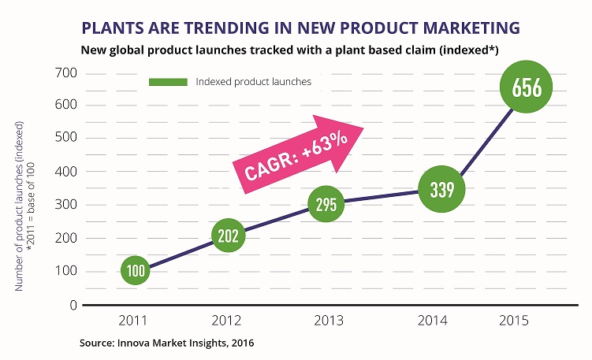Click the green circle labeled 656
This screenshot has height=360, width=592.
[526, 87]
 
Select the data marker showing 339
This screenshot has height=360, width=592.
[441, 189]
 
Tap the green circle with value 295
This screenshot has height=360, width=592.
[326, 204]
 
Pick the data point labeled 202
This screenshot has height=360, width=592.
[228, 236]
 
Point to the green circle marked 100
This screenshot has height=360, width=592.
[135, 270]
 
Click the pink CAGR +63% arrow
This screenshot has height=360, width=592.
[298, 154]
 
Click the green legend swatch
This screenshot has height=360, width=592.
[168, 82]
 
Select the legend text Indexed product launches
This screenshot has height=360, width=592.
[253, 82]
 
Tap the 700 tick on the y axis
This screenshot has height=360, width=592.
[65, 72]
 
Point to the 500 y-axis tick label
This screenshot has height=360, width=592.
[65, 137]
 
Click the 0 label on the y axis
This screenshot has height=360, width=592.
[73, 305]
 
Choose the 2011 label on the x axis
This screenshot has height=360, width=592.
[132, 321]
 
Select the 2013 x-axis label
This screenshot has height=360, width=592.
[329, 321]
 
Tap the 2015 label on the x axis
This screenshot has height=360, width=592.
[514, 321]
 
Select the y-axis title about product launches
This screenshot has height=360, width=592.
[24, 206]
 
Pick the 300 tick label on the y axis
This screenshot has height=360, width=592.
[65, 205]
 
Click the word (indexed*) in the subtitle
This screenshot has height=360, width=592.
[468, 50]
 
